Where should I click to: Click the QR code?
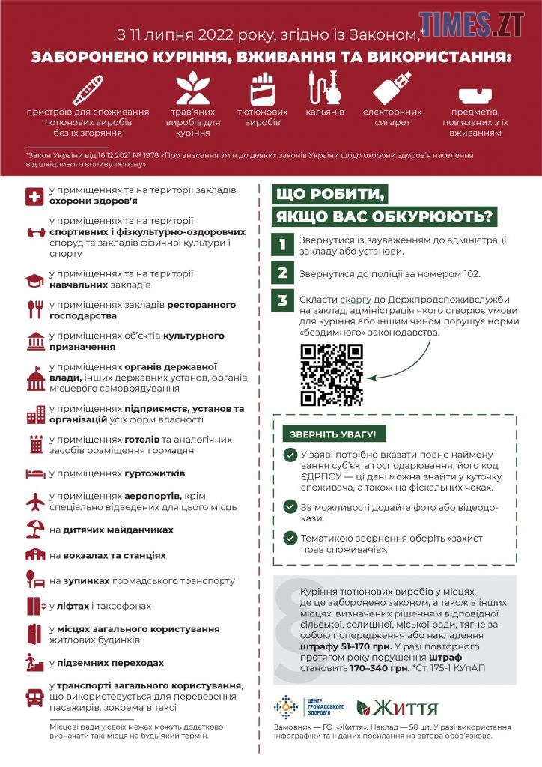tap(332, 375)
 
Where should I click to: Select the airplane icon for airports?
tap(35, 500)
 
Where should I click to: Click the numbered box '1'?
tap(281, 245)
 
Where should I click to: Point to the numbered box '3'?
tap(281, 301)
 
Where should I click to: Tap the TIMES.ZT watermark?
tap(481, 24)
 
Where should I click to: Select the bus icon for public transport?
tap(35, 697)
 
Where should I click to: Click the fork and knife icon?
tap(35, 309)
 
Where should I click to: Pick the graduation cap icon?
tap(35, 280)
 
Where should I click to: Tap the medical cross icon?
tap(35, 196)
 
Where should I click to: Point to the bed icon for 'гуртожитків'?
tap(35, 473)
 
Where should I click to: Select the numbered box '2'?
tap(281, 273)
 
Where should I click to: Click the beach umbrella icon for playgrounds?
tap(35, 529)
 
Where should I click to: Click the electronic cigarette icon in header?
tap(392, 88)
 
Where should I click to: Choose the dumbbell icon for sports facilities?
tap(35, 232)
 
